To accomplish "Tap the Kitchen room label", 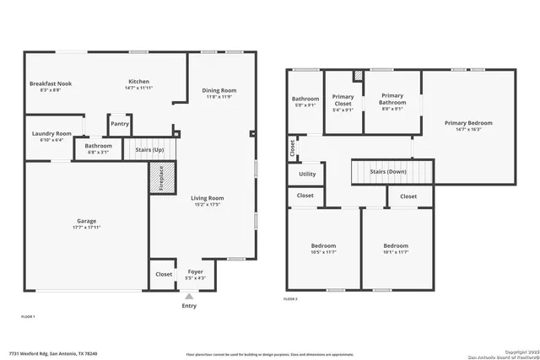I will tap(138, 82).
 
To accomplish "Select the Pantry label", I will tap(120, 124).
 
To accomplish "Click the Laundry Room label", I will tap(51, 133).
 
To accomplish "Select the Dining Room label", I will tap(219, 91).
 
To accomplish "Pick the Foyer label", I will tap(195, 272).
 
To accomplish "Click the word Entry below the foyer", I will tap(189, 305).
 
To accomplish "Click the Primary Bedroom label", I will tap(468, 123).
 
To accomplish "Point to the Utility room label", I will tap(307, 175).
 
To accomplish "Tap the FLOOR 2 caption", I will tap(290, 299).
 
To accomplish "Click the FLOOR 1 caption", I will tap(27, 315).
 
